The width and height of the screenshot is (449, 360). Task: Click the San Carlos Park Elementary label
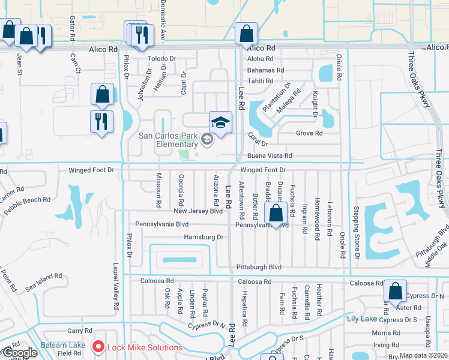[x=168, y=140]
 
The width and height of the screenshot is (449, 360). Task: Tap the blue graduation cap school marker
[x=220, y=122]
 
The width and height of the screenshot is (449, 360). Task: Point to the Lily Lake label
[x=361, y=319]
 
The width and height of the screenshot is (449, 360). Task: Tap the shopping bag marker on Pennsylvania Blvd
[x=276, y=213]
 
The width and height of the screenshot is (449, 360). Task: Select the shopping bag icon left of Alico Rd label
[x=246, y=33]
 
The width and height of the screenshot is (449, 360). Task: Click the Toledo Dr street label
[x=161, y=59]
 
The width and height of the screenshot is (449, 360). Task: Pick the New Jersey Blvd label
[x=198, y=211]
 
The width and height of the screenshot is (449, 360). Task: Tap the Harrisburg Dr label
[x=203, y=238]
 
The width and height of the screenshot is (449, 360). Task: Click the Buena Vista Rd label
[x=270, y=155]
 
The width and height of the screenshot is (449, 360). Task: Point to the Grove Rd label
[x=309, y=133]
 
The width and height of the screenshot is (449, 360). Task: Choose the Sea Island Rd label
[x=43, y=283]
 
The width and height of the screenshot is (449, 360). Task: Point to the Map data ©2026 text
[x=425, y=355]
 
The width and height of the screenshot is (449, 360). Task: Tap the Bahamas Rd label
[x=261, y=70]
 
